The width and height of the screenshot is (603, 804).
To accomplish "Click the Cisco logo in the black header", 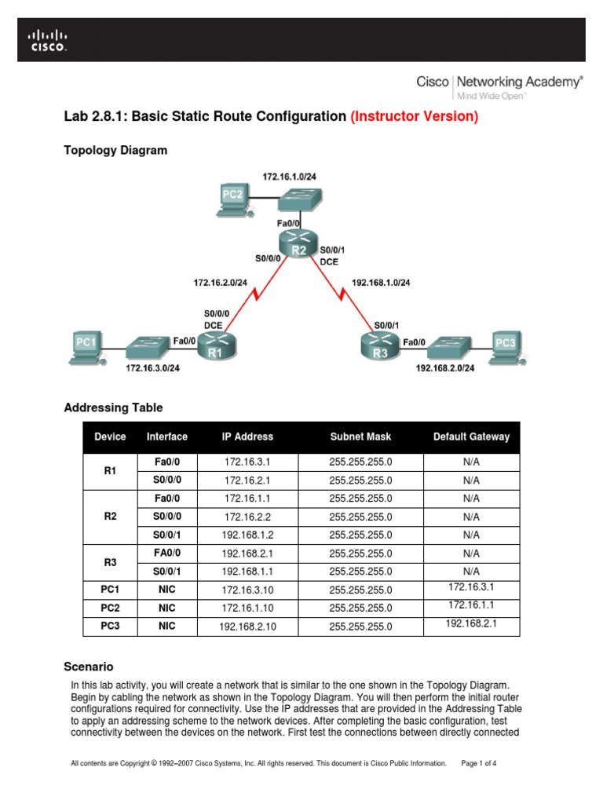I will coord(48,40).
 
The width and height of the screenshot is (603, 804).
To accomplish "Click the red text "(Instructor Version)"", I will coord(414,116).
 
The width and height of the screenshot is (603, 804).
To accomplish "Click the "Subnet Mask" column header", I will coord(360,437).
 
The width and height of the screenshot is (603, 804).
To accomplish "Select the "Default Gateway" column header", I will coord(471,437).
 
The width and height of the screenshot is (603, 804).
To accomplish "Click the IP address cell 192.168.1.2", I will coord(247,535).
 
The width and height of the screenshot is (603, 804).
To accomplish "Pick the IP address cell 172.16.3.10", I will coord(247,590).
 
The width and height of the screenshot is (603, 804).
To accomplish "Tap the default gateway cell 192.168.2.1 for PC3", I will coord(471,623).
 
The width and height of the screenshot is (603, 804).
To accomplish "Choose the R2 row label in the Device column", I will coord(110,517).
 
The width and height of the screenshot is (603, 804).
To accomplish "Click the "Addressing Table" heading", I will coord(113,407).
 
